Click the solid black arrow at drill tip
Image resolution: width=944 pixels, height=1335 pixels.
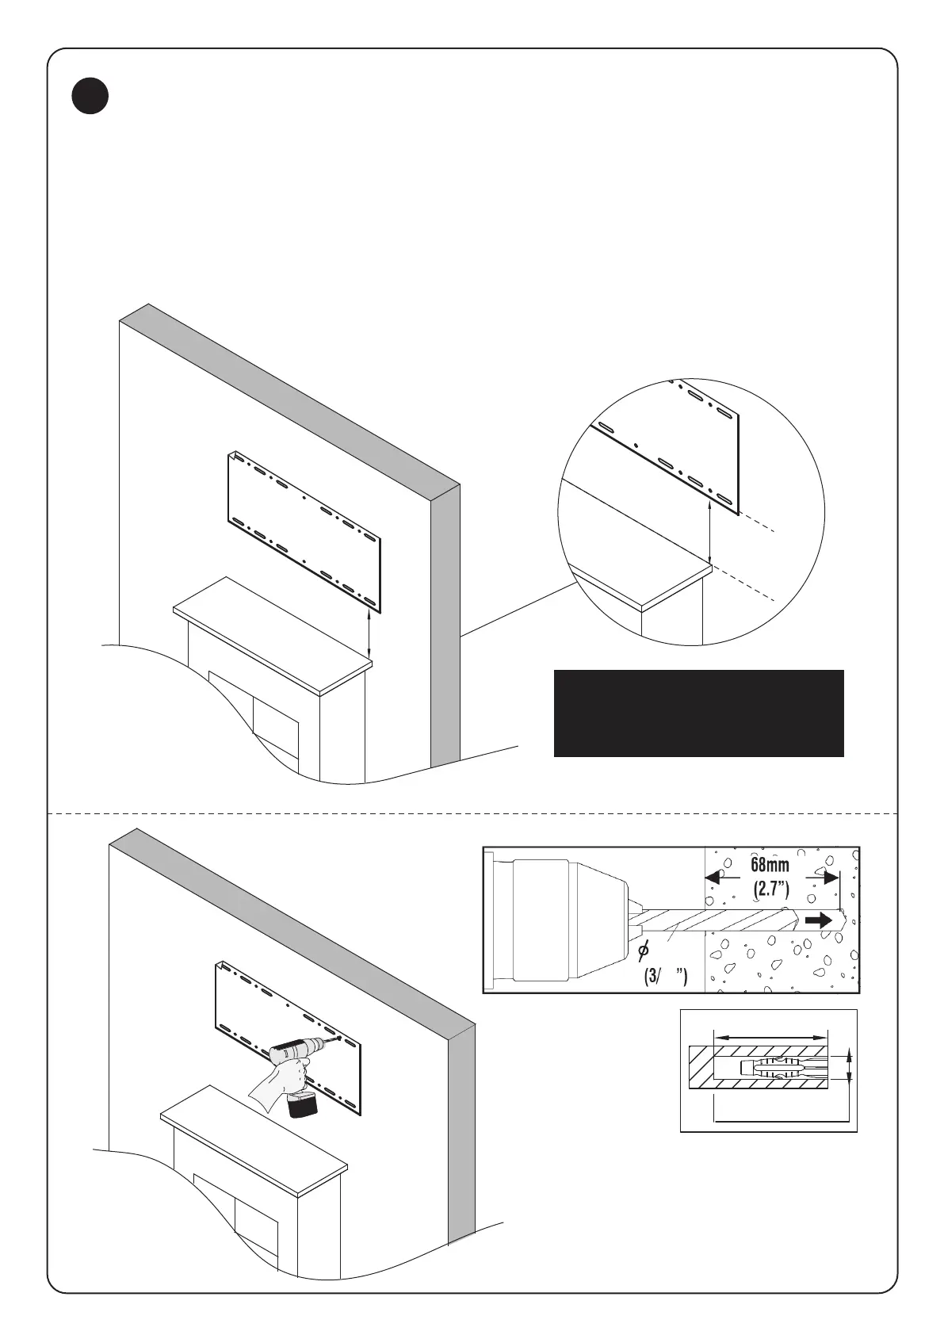point(819,921)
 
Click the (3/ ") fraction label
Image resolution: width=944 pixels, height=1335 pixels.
point(664,976)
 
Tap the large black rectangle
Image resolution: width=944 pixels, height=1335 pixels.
point(697,713)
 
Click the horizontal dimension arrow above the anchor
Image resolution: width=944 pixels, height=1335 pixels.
point(770,1035)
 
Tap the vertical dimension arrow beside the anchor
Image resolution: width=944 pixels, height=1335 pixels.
point(850,1066)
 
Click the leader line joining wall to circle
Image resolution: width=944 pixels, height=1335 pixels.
point(515,610)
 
